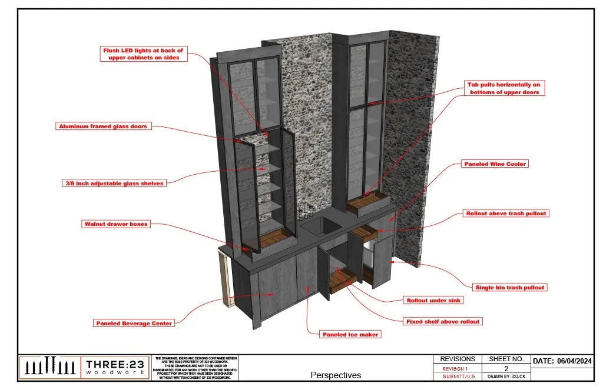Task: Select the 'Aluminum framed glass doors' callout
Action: [x=103, y=126]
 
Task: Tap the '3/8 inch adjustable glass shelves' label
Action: [x=113, y=183]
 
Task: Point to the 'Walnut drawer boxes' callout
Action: [x=115, y=224]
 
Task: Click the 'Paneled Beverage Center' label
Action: [x=133, y=323]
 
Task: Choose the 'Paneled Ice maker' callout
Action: [x=351, y=334]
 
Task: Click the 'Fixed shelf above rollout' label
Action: [x=443, y=322]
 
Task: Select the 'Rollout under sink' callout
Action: [x=434, y=300]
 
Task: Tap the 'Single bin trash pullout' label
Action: [x=510, y=287]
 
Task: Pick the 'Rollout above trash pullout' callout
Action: [x=506, y=214]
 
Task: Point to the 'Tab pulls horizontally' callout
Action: [x=503, y=88]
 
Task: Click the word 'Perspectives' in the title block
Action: [x=336, y=375]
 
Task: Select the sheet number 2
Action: [x=506, y=368]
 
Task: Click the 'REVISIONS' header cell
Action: [x=458, y=359]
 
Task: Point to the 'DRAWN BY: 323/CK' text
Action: [x=506, y=376]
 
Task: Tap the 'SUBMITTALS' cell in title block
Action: [x=458, y=376]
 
